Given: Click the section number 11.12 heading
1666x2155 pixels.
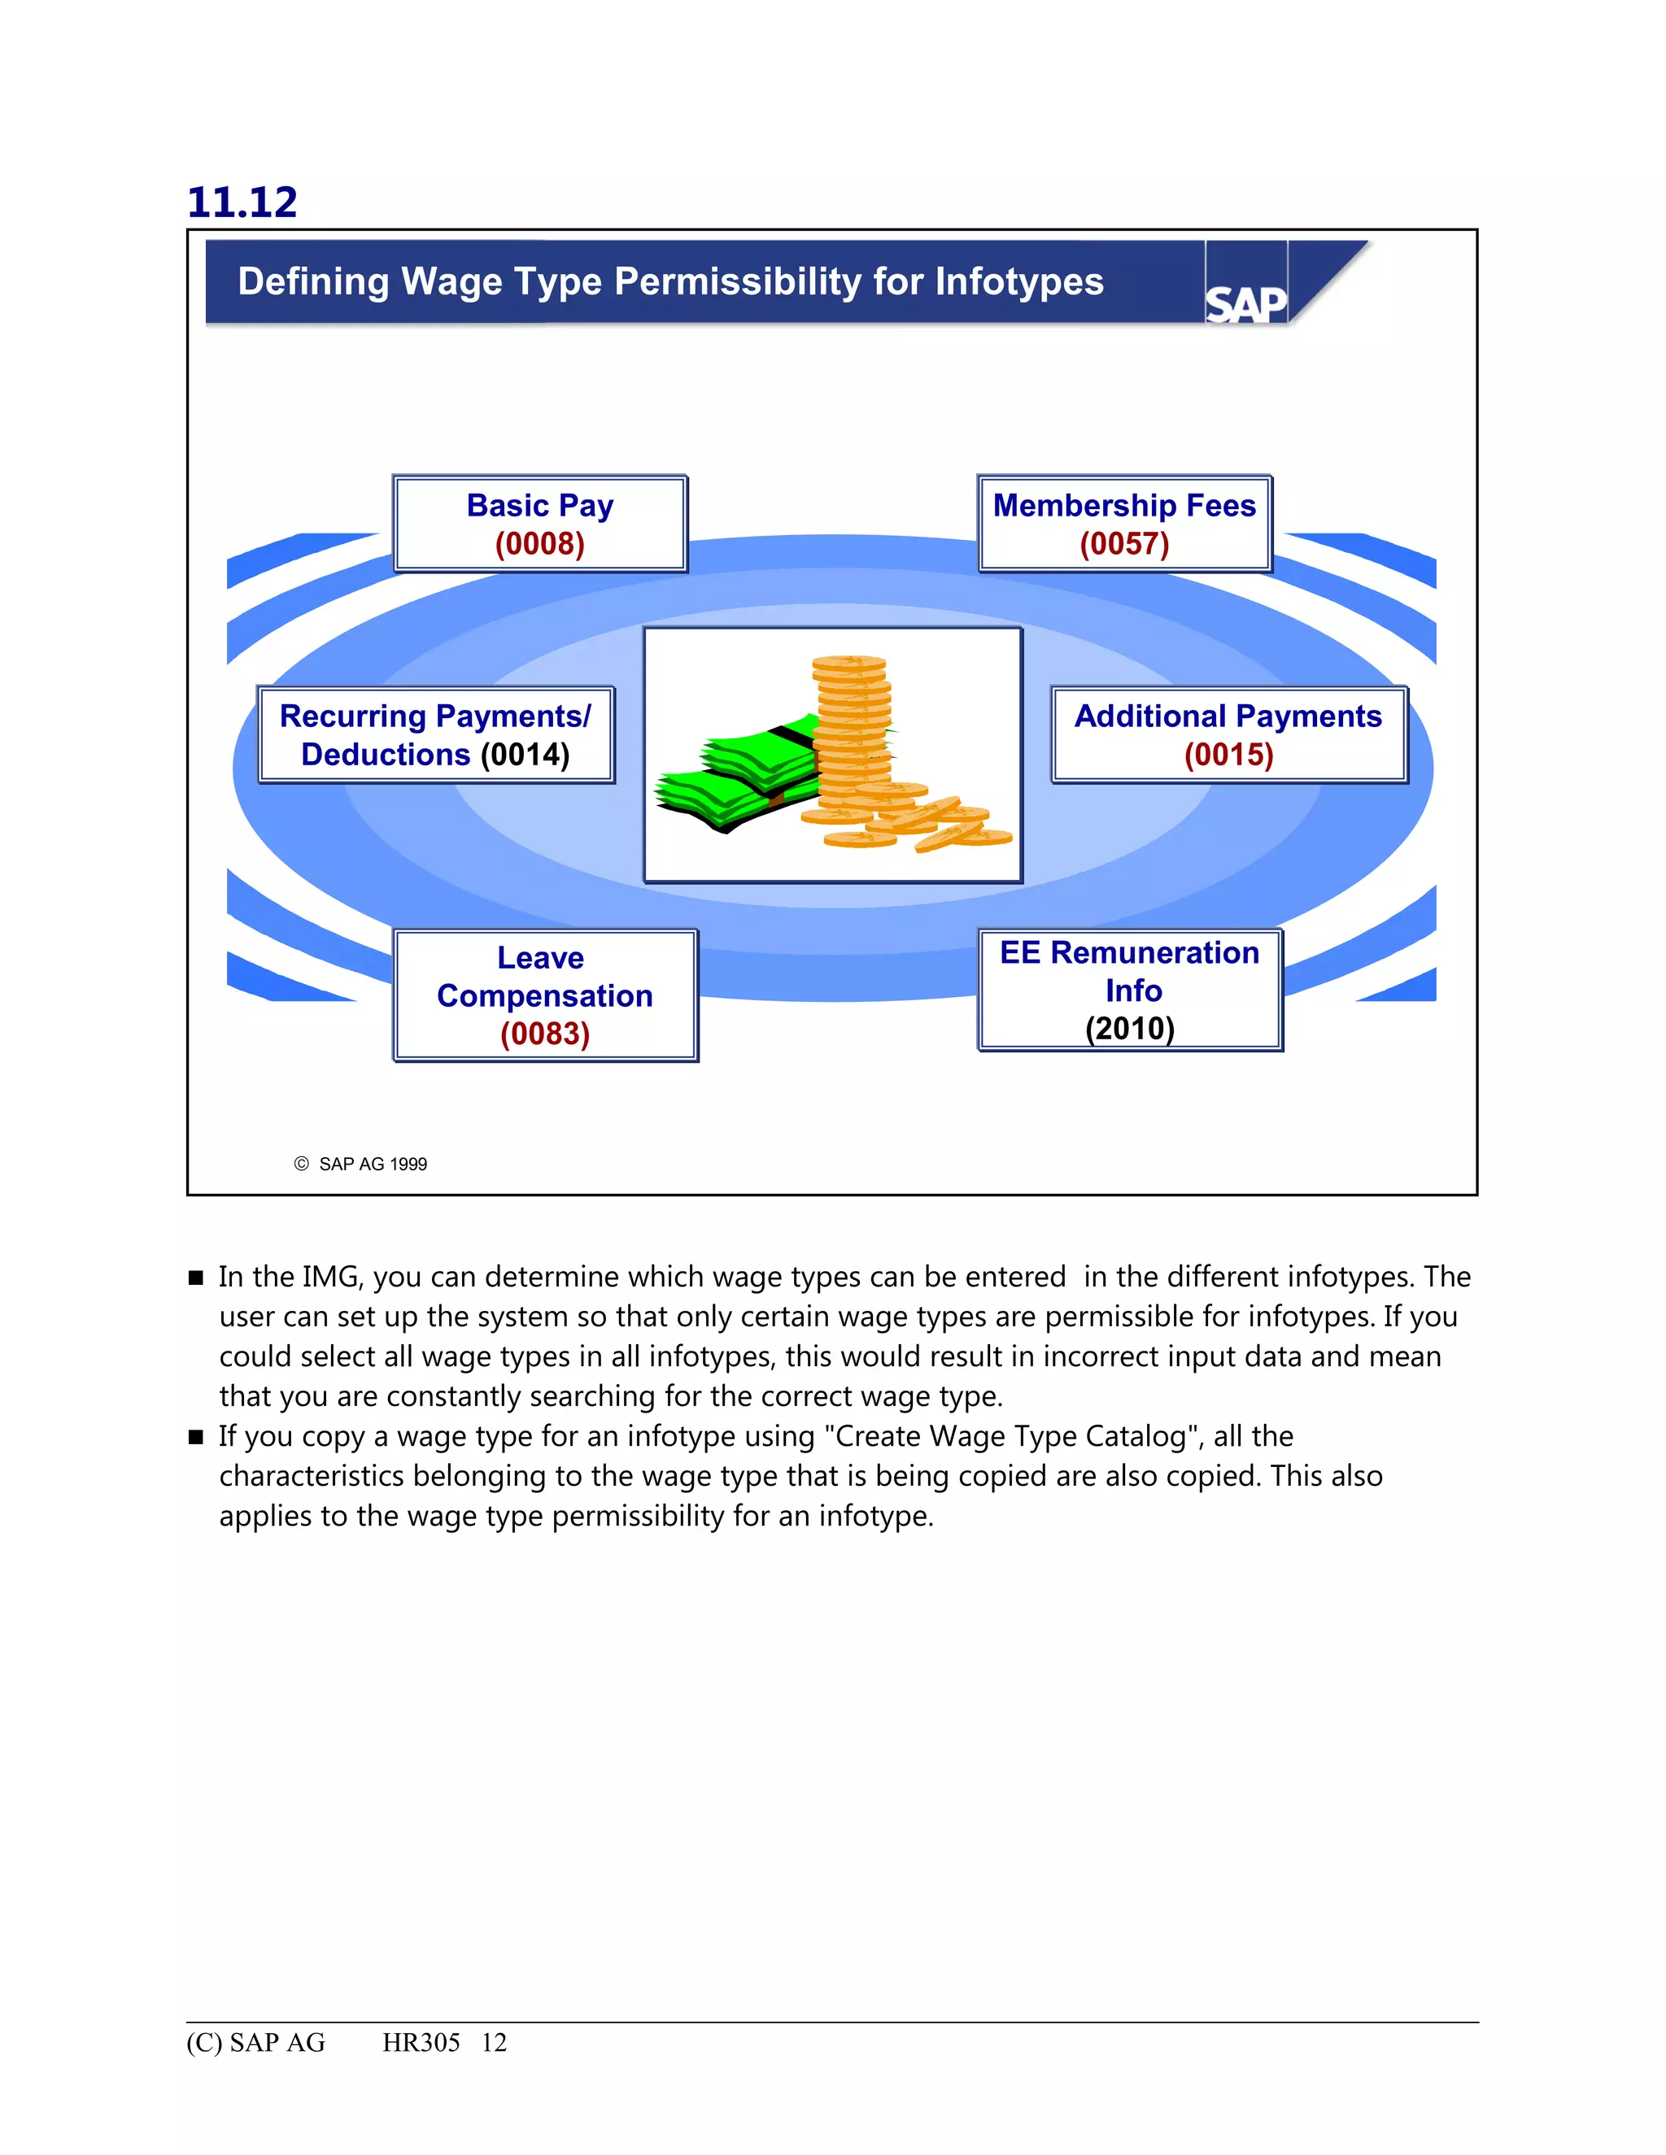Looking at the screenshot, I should (242, 202).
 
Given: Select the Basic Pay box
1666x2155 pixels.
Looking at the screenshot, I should (540, 523).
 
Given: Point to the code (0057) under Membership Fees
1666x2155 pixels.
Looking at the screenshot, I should (1124, 544).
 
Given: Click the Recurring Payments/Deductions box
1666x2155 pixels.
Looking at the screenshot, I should (435, 735).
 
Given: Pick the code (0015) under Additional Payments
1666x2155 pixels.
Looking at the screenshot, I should (1229, 755).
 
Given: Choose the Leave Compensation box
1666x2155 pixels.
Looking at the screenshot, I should (545, 995).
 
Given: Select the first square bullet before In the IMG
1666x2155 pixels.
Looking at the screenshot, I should (195, 1278).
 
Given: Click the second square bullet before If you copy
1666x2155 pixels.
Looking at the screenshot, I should (195, 1438).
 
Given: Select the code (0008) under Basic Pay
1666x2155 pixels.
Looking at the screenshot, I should (540, 544).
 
